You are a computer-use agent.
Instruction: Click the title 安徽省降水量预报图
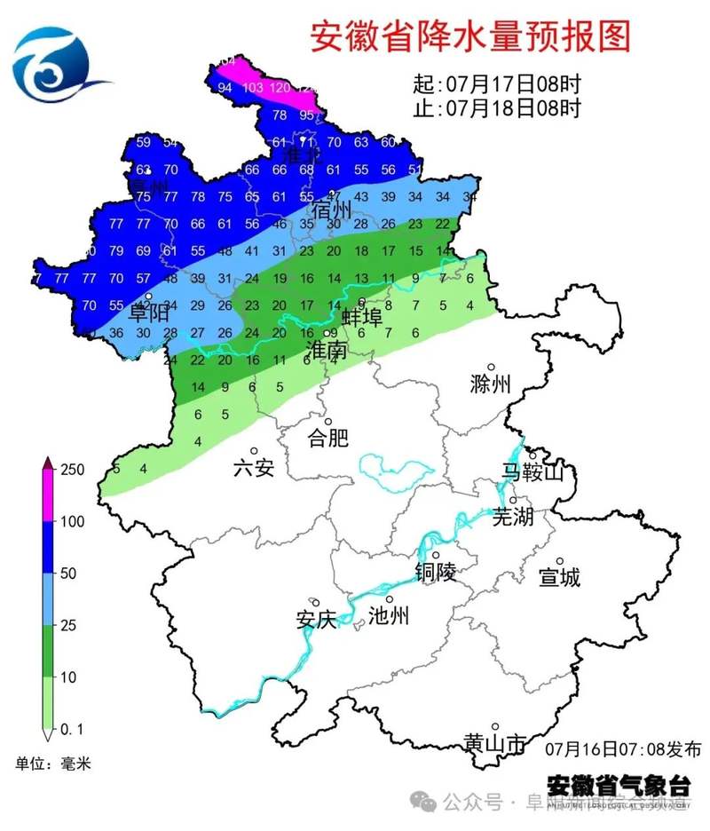point(470,37)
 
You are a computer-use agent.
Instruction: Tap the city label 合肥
point(327,438)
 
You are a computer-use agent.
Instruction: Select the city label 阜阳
point(149,313)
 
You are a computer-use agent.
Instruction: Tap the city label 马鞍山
point(532,471)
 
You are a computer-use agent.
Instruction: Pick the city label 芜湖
point(513,516)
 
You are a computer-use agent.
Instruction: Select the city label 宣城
point(559,577)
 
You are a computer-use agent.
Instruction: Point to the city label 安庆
point(316,619)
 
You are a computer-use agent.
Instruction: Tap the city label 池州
point(389,615)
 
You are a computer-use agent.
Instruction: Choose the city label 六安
point(254,468)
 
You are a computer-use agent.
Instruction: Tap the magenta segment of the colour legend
point(49,495)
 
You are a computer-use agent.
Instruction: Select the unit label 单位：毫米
point(52,763)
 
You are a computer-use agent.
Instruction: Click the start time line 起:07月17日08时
point(497,85)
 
